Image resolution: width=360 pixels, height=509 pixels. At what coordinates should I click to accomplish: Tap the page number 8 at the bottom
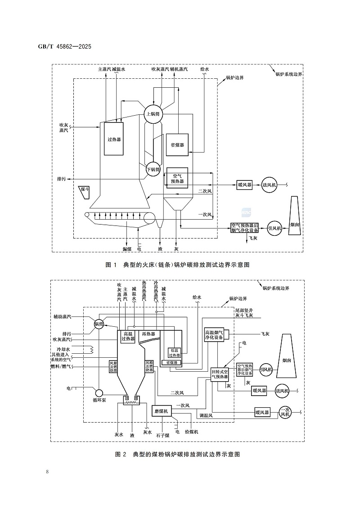pos(47,471)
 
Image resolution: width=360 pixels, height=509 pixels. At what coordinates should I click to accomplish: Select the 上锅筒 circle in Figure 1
pos(153,114)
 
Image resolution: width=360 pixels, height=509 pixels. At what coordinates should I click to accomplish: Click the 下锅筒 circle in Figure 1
pos(153,169)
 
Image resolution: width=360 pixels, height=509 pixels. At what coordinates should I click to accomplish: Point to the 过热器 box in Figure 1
pos(114,139)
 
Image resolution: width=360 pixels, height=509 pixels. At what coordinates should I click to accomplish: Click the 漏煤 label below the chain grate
pos(127,248)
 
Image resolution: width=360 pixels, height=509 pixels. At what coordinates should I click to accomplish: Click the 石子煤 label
pos(162,435)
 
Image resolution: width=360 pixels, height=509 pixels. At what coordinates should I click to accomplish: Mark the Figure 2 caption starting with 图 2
pos(177,454)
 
